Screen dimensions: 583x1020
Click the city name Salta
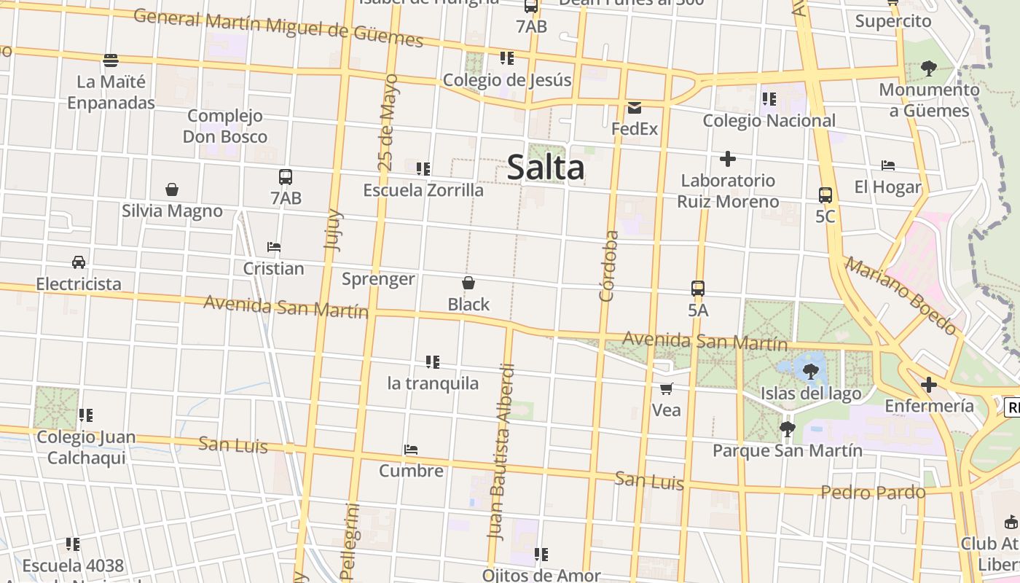546,168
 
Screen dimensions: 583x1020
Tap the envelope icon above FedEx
634,108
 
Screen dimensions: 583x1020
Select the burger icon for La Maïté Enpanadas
111,60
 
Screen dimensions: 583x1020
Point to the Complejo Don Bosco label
225,126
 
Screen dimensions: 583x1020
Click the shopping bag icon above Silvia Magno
172,189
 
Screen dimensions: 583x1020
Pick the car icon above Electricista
79,262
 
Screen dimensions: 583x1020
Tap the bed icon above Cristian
274,247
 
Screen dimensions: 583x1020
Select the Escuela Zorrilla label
423,190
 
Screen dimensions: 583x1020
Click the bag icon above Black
468,283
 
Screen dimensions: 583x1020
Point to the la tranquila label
433,383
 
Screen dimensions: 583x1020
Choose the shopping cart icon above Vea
666,388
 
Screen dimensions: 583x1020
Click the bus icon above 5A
698,289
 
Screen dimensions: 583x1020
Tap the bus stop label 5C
825,216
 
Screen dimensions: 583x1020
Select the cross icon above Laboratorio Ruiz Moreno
727,159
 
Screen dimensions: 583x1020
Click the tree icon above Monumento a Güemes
928,69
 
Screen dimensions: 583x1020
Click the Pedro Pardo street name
873,493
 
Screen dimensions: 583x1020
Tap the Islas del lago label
811,394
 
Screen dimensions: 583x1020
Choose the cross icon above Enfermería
929,384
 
